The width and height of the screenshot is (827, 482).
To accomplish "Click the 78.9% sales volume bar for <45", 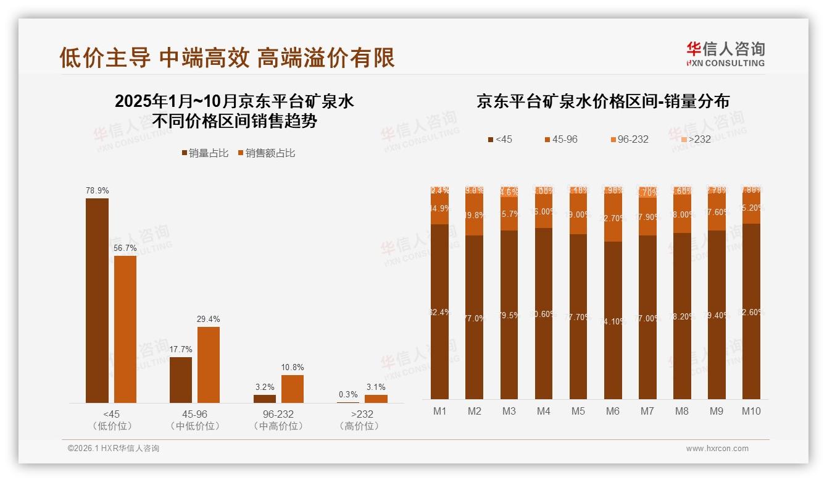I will tap(97, 300).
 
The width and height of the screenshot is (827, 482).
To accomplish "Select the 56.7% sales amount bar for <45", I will tap(125, 329).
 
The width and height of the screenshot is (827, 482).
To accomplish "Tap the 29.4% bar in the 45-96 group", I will tap(209, 365).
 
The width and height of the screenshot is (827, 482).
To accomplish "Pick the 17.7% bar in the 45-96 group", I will tap(181, 379).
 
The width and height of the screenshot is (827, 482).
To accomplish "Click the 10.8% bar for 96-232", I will tap(293, 389).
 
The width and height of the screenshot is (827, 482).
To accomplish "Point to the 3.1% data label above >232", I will tap(376, 387).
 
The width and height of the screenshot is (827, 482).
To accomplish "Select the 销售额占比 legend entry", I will tap(266, 153).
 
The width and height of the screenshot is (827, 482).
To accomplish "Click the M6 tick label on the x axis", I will tap(613, 411).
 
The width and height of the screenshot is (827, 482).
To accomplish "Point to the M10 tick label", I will tap(751, 411).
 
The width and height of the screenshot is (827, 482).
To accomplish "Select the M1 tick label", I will tap(440, 411).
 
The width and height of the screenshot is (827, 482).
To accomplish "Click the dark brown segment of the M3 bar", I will tap(509, 315).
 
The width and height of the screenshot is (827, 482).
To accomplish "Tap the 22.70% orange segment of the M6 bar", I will tap(613, 218).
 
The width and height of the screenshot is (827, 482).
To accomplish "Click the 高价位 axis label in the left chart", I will tap(359, 426).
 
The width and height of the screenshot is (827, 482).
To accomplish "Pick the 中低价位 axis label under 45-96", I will tap(194, 426).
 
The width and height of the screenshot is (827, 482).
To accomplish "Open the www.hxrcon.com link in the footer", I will tap(717, 449).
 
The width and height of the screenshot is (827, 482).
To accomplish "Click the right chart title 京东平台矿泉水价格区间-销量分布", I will tap(603, 101).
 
